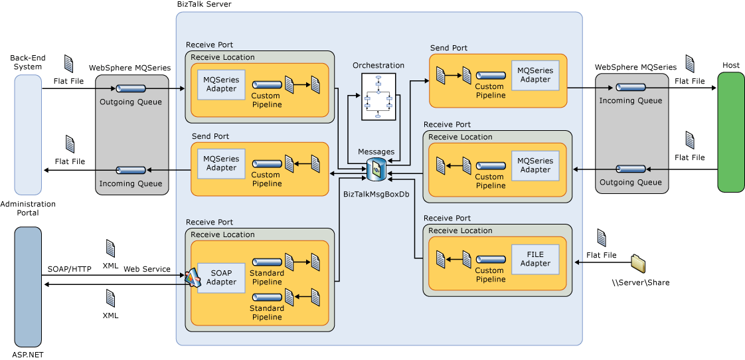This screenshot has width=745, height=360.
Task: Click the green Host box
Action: [x=730, y=132]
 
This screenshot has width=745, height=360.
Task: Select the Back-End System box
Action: [x=28, y=135]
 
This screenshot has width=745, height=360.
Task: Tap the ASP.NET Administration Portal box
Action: [x=28, y=287]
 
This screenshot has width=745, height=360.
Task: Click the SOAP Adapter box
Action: [x=221, y=278]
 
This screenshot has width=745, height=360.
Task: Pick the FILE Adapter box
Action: [x=535, y=259]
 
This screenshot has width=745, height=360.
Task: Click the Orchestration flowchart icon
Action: [x=378, y=97]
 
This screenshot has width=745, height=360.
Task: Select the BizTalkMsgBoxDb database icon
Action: [x=376, y=169]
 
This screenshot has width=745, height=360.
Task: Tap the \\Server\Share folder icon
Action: [x=639, y=264]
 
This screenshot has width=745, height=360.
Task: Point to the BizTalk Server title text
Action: [x=204, y=5]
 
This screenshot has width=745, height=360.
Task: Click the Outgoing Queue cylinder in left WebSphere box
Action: [x=131, y=88]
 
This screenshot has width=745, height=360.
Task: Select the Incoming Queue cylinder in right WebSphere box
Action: [x=630, y=88]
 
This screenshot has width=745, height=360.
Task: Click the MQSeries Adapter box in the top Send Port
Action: [x=535, y=75]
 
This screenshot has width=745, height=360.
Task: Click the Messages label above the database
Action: [x=376, y=152]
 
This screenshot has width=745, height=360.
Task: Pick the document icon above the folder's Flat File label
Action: [x=602, y=238]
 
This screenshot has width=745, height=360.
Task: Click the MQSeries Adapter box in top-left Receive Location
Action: [x=221, y=84]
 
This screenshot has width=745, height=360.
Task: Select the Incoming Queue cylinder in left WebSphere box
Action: [x=131, y=170]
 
